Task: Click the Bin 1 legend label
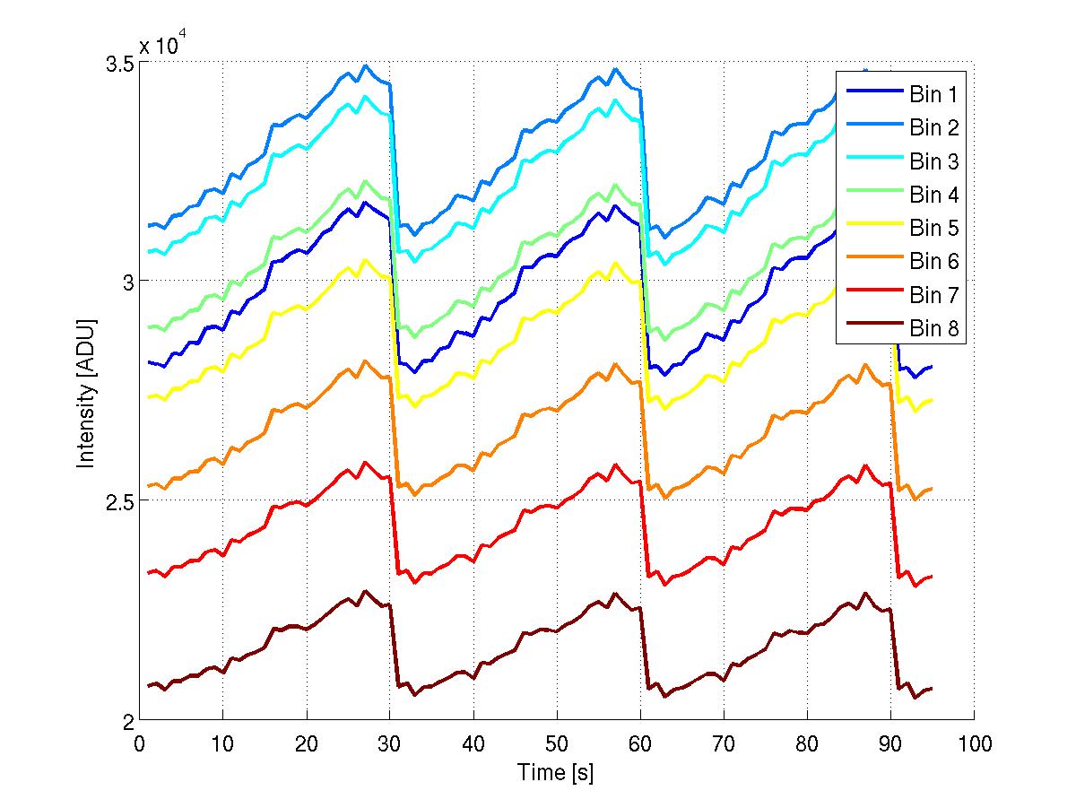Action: (x=934, y=94)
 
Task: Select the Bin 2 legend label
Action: (x=934, y=127)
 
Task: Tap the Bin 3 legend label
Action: (x=934, y=161)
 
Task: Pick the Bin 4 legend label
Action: (x=934, y=195)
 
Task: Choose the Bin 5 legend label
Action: (x=934, y=228)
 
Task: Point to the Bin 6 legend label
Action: (x=934, y=262)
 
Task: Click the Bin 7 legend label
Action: (x=934, y=295)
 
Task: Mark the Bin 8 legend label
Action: (x=934, y=329)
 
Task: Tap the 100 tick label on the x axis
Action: (x=974, y=743)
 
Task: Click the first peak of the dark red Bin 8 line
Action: (x=364, y=591)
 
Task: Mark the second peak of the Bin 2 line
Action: (x=615, y=68)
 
